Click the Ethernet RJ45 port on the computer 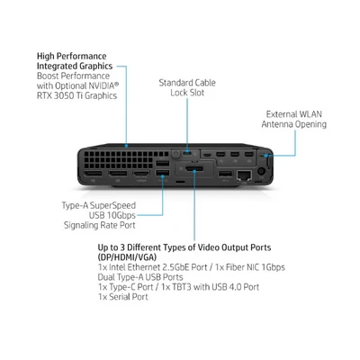(244, 175)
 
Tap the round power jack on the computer (261, 172)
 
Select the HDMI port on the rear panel (141, 174)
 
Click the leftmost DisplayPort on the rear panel (93, 174)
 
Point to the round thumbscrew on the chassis (175, 154)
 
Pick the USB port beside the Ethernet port (225, 174)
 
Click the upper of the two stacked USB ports (163, 163)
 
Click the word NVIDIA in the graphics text (102, 85)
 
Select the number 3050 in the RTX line (62, 95)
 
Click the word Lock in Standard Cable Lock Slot (179, 93)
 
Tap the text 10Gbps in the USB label (121, 215)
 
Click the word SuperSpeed (112, 206)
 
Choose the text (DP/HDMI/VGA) (127, 257)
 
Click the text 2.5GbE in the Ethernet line (176, 267)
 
